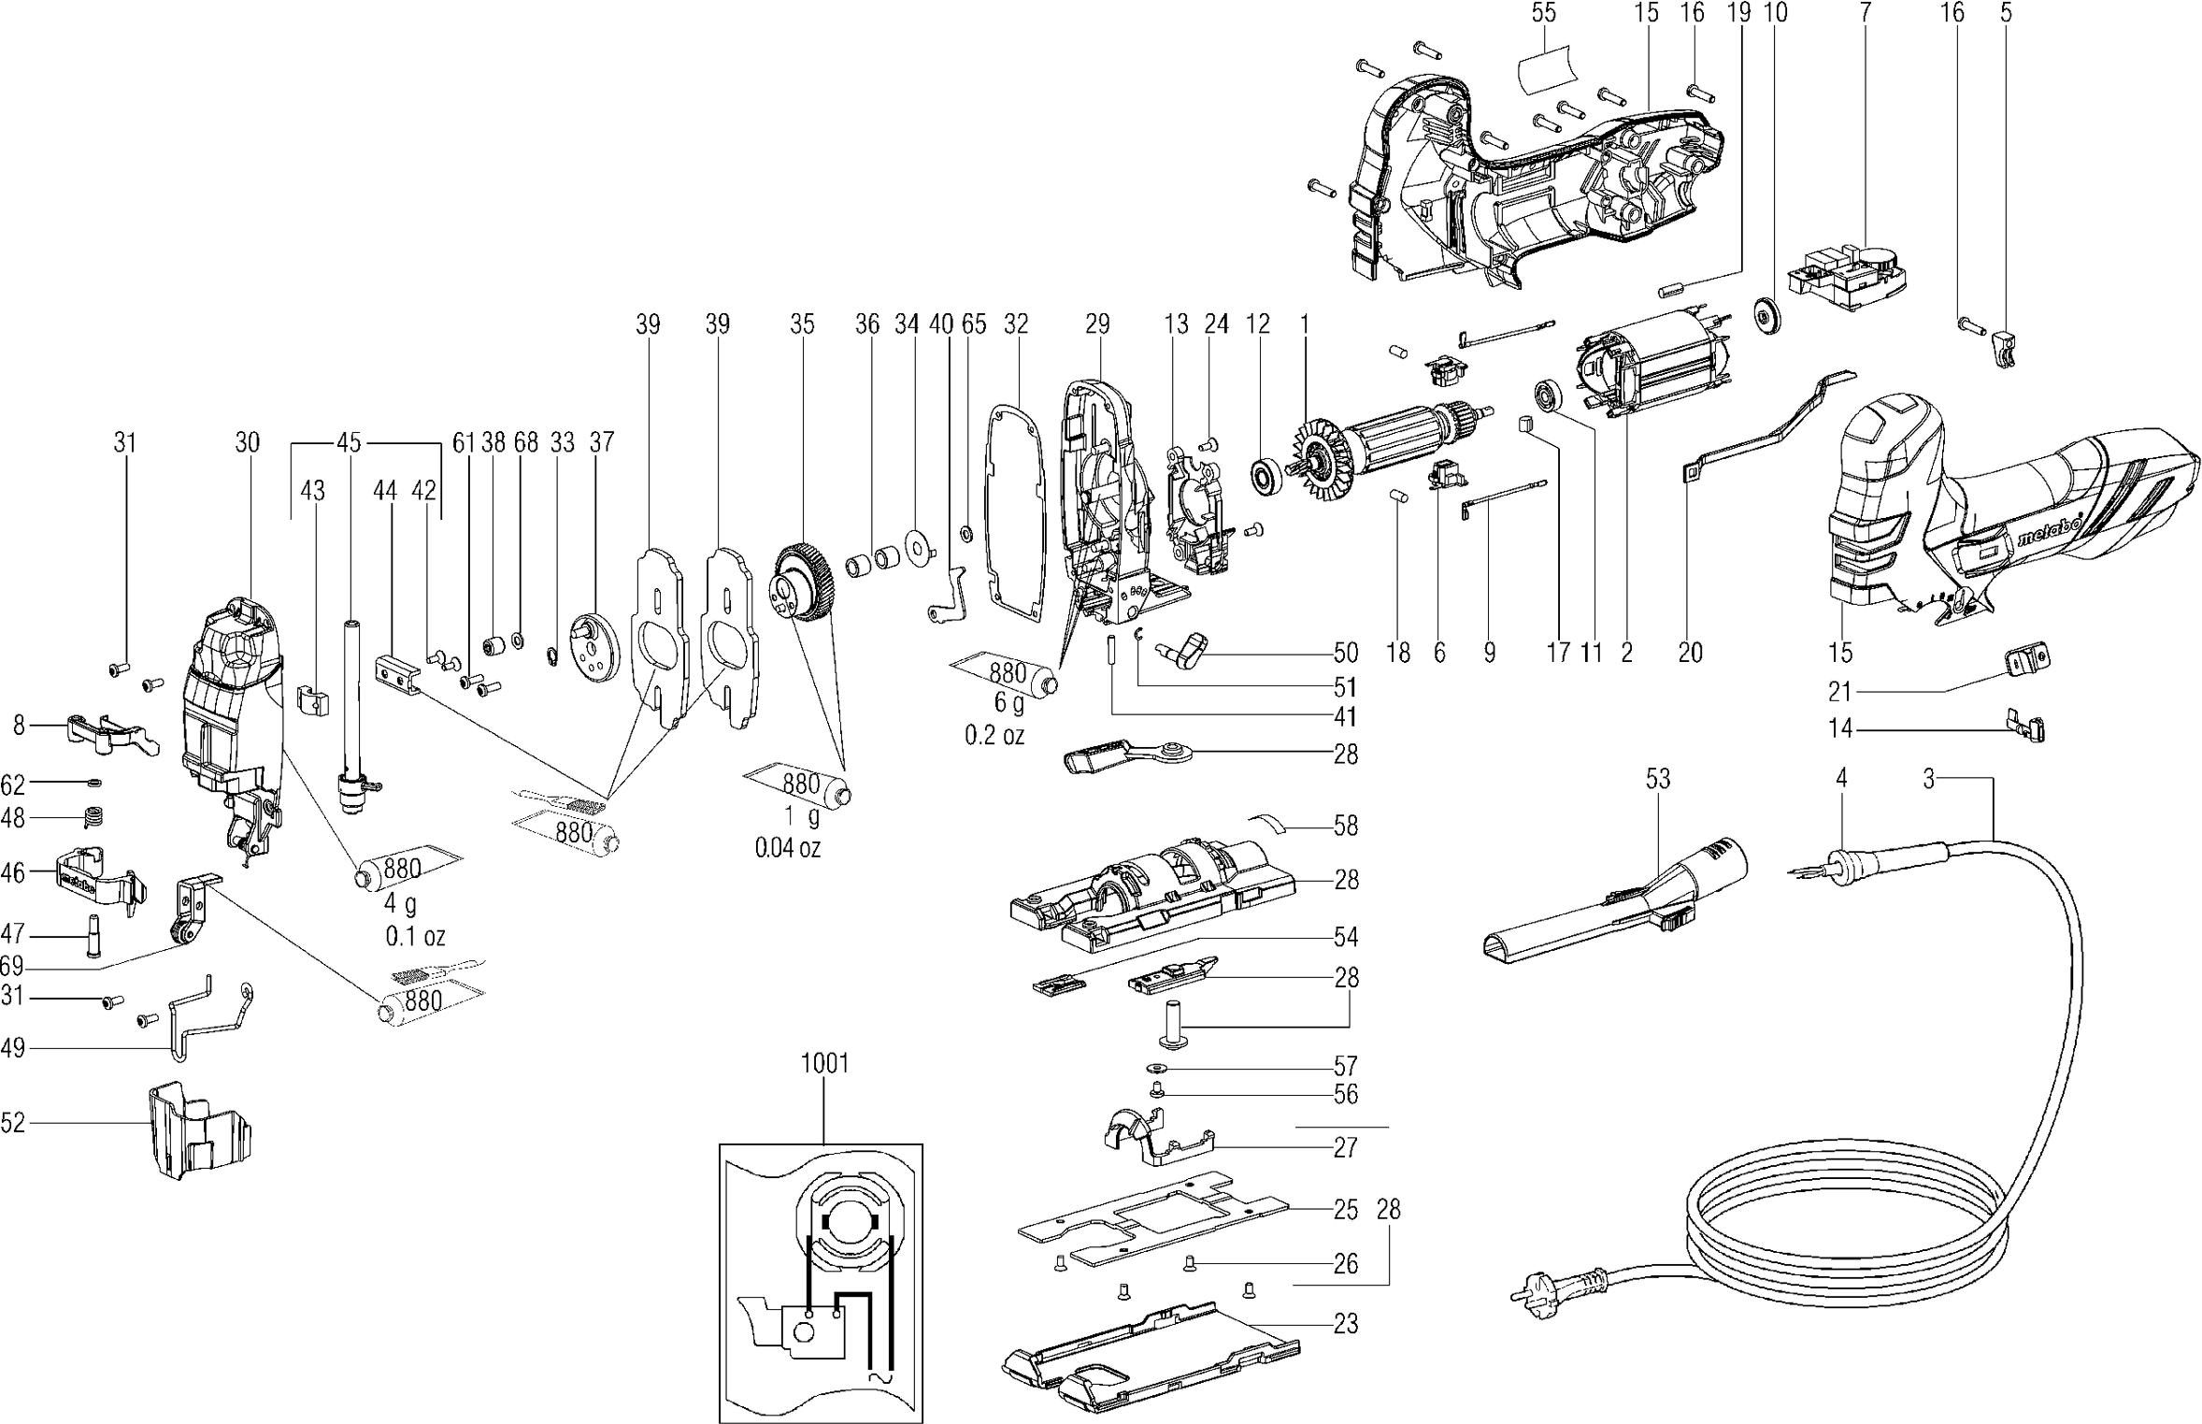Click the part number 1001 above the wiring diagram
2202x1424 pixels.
[824, 1063]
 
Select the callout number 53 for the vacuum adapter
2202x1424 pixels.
[1657, 779]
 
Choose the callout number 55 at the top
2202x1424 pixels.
[1543, 13]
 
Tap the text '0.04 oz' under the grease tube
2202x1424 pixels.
[787, 849]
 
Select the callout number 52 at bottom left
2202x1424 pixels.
[13, 1123]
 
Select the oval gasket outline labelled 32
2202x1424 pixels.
[1016, 514]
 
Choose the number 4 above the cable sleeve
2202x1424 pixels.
[1840, 779]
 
